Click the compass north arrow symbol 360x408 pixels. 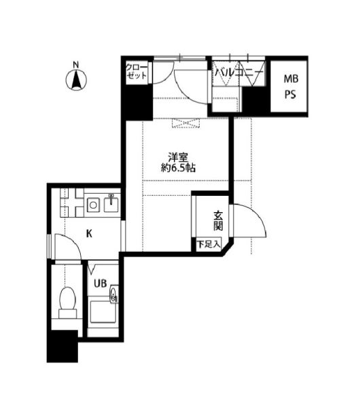pos(76,80)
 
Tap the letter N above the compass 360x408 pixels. pos(75,65)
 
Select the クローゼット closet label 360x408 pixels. pos(137,71)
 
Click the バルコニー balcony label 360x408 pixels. pos(239,71)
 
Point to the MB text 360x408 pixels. pos(291,79)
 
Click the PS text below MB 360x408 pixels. pos(290,95)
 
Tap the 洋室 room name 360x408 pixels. pos(178,158)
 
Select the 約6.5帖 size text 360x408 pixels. pos(178,168)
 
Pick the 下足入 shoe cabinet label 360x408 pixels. pos(209,244)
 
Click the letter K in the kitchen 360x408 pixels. pos(89,233)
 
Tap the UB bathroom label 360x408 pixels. pos(101,284)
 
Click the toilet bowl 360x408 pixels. pos(67,302)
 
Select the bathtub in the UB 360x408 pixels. pos(103,311)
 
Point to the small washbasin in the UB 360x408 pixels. pos(114,294)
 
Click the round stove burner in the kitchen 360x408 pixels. pos(93,205)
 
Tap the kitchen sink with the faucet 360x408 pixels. pos(111,204)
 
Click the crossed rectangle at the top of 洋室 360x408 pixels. pos(186,123)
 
